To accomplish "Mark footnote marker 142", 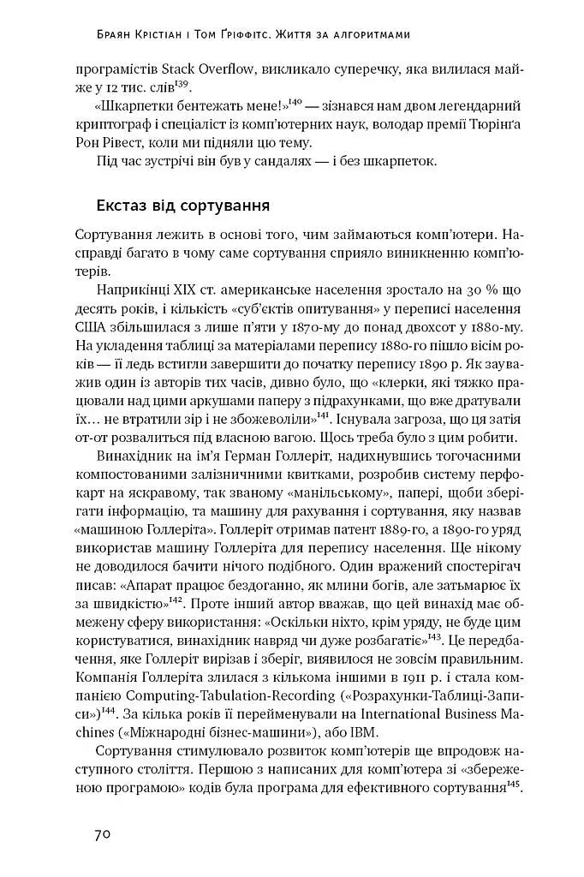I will (x=176, y=599).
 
